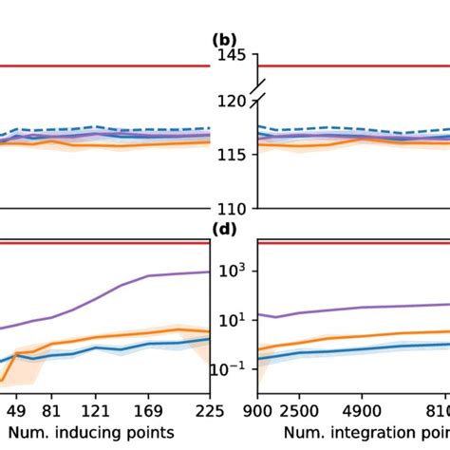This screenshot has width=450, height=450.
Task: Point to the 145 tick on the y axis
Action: tap(233, 55)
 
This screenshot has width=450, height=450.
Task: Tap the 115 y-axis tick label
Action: tap(233, 154)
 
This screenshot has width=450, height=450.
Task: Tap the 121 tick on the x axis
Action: tap(95, 411)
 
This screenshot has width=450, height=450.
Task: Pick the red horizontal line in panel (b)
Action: tap(351, 66)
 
